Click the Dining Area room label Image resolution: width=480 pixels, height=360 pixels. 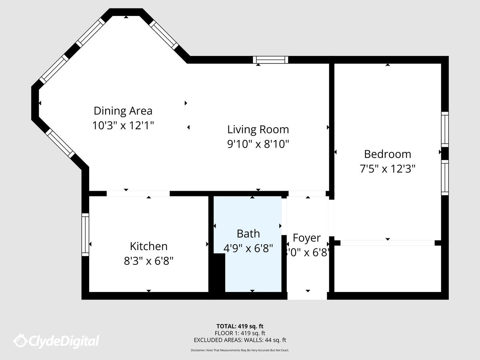coord(123,111)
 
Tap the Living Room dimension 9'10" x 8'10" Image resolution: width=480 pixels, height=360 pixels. coord(258,144)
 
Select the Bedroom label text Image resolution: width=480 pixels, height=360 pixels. coord(387,154)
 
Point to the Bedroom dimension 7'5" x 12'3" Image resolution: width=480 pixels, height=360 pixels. coord(387,169)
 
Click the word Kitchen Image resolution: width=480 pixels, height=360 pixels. coord(148,246)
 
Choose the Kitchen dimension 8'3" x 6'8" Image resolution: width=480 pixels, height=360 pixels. coord(148,261)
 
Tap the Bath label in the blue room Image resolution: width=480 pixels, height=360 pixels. coord(248,234)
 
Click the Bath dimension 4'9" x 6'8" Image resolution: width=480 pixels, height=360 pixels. coord(248,248)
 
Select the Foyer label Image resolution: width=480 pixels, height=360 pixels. coord(306,238)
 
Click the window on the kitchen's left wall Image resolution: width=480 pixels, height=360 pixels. coord(85,235)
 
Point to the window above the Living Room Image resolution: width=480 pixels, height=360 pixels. coord(270,60)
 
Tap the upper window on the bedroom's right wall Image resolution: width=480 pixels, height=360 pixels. coord(444,130)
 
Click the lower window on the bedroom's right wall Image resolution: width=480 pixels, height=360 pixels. coord(444,178)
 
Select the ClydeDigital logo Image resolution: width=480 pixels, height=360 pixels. coord(56,341)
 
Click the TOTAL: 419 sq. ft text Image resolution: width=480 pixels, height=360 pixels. coord(240,326)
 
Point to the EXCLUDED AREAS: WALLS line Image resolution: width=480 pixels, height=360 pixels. coord(240,340)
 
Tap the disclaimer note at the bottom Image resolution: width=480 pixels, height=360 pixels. coord(240,350)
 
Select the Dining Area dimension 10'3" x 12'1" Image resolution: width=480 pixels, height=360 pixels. coord(123,126)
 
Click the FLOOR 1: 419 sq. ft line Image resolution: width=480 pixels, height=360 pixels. coord(240,333)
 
